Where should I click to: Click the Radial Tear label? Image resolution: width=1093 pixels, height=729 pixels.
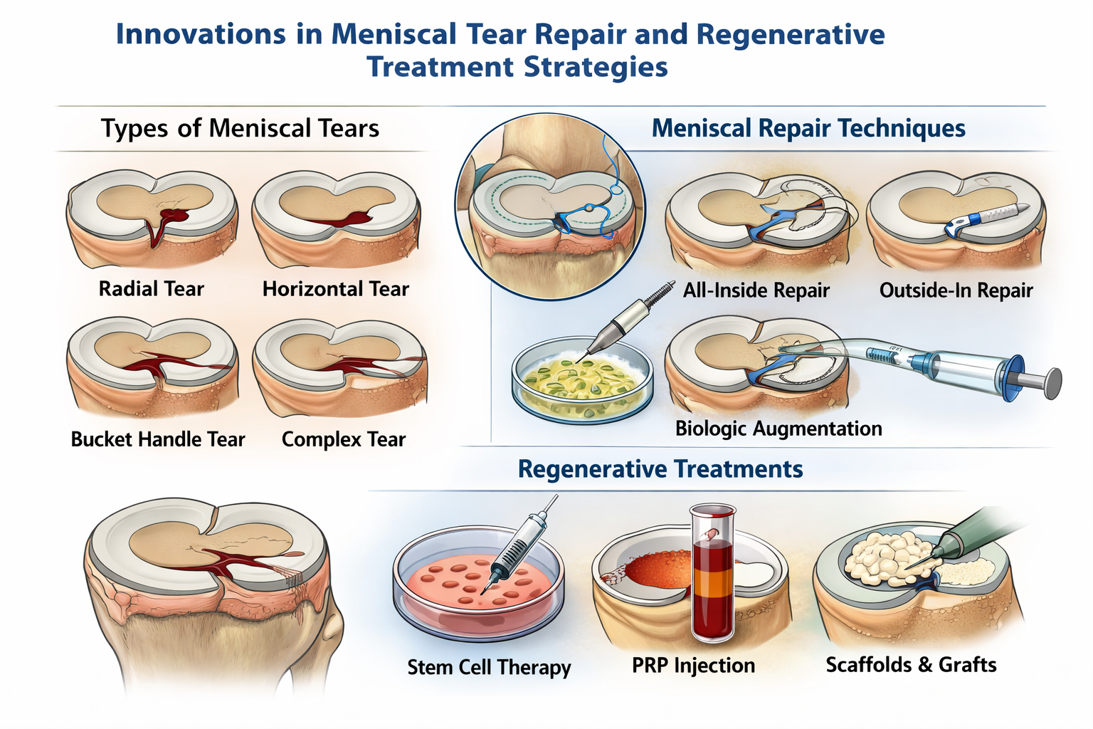pos(151,288)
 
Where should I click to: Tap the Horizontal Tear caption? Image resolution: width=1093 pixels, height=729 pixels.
pos(335,288)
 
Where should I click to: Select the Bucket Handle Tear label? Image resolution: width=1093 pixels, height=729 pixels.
pos(157,439)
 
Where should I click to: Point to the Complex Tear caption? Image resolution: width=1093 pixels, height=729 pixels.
pos(343,439)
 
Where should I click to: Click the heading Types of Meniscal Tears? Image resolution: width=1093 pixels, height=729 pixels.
pos(240,128)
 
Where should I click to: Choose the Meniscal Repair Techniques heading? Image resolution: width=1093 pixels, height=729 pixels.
pos(808,128)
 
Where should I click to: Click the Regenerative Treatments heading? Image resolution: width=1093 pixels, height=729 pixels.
pos(660,469)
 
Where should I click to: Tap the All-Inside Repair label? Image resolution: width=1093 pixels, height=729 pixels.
pos(756,290)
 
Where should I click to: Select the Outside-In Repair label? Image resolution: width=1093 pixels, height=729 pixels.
pos(956,290)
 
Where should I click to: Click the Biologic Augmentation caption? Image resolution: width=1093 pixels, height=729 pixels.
pos(778,429)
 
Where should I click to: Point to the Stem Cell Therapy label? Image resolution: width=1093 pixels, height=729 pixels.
pos(489,667)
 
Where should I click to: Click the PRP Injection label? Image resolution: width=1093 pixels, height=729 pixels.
pos(693,666)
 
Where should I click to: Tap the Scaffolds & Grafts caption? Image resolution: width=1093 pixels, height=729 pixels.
pos(911,665)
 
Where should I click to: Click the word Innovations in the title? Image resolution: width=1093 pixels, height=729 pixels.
pos(200,34)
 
